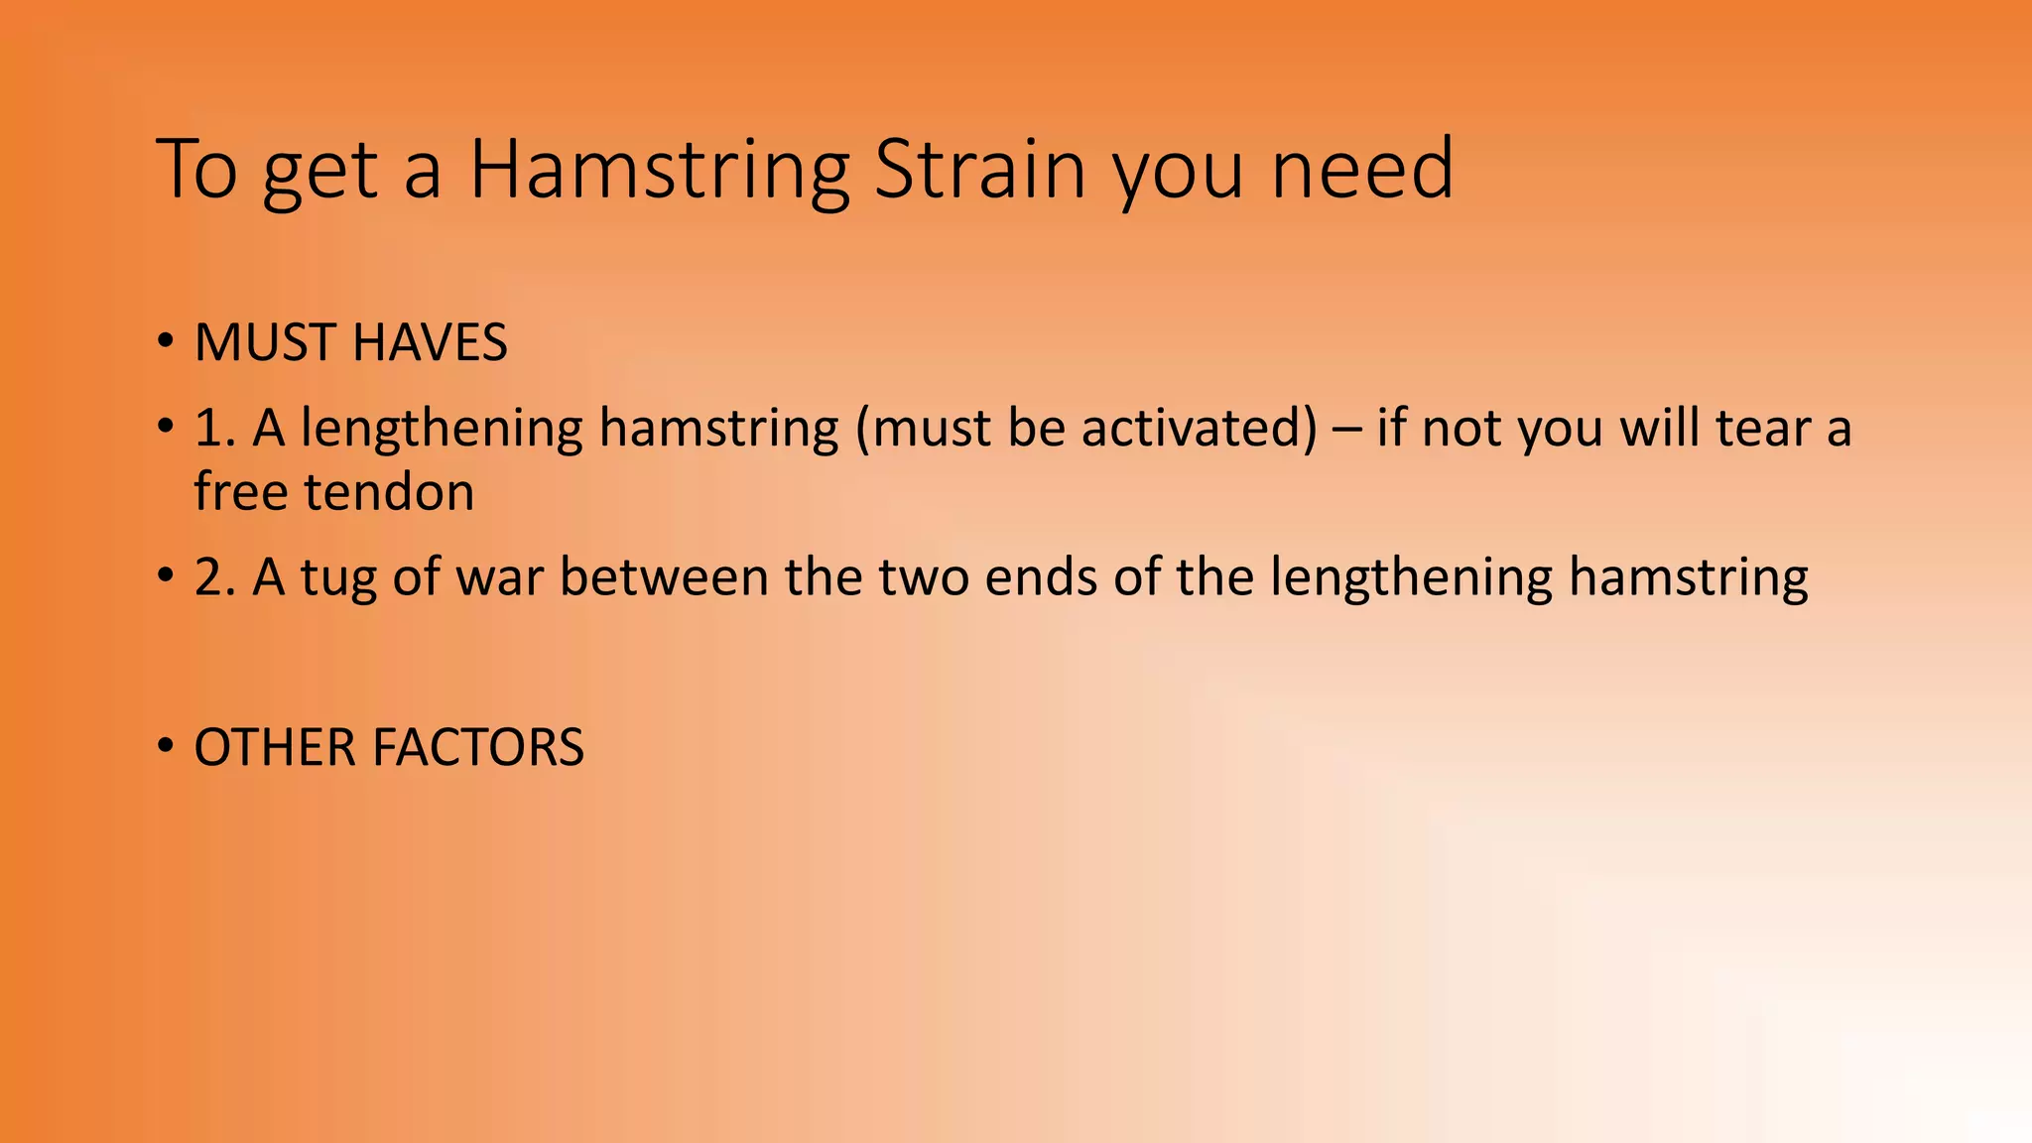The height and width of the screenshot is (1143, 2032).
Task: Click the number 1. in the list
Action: pyautogui.click(x=215, y=429)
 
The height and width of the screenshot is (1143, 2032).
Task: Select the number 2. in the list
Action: pyautogui.click(x=215, y=576)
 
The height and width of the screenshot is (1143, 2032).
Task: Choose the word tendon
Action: pyautogui.click(x=389, y=492)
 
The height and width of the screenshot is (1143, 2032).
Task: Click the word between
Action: pyautogui.click(x=664, y=576)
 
